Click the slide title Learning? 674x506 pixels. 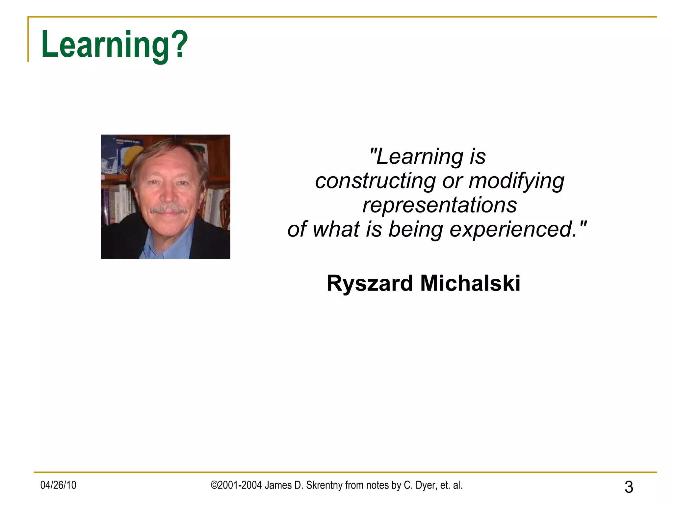[114, 45]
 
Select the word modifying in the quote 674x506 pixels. [516, 181]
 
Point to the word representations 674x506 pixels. [440, 205]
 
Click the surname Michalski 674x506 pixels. [470, 283]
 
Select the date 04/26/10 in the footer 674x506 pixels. [58, 485]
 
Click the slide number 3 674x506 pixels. [629, 487]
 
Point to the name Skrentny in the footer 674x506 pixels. [324, 485]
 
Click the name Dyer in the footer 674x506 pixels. [426, 485]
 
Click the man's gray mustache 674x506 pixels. [168, 209]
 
